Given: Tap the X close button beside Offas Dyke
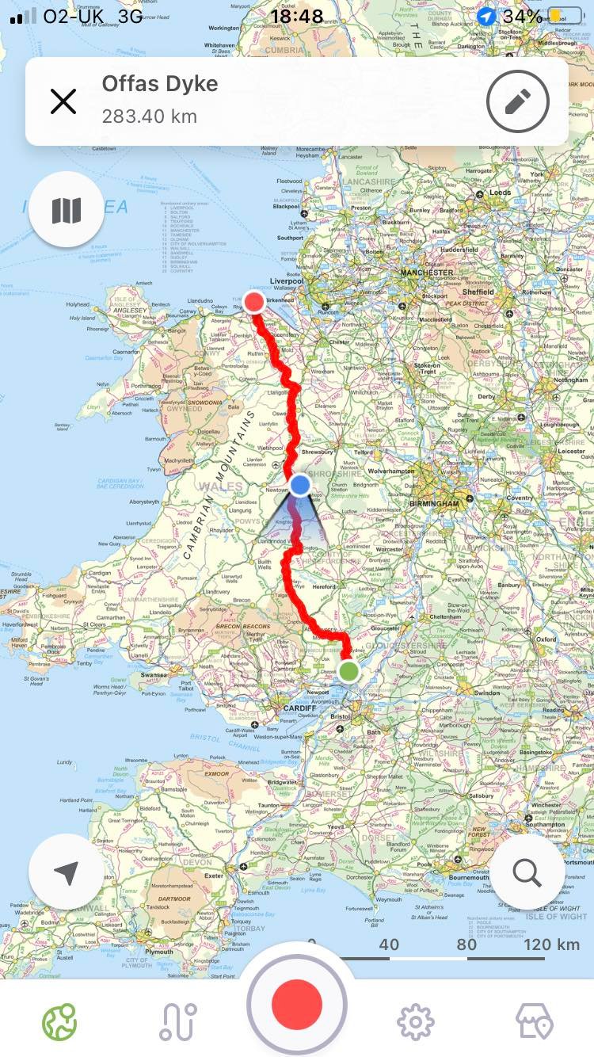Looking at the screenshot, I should pyautogui.click(x=63, y=101).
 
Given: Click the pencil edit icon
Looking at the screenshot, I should pyautogui.click(x=518, y=101).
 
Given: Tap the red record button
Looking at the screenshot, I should pyautogui.click(x=297, y=1004).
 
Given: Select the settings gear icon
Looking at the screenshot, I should pyautogui.click(x=415, y=1021).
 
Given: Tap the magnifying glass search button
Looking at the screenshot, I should pyautogui.click(x=527, y=872).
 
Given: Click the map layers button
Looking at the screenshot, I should pyautogui.click(x=67, y=210).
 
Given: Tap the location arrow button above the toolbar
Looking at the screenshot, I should pyautogui.click(x=67, y=872).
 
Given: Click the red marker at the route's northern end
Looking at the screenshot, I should pyautogui.click(x=254, y=302).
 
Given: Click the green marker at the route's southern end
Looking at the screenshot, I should pyautogui.click(x=348, y=671).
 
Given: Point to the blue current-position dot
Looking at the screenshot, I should pyautogui.click(x=299, y=484).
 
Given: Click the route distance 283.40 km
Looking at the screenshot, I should pyautogui.click(x=149, y=117).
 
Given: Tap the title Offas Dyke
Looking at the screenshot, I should pyautogui.click(x=160, y=84).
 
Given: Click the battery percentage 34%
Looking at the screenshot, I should pyautogui.click(x=522, y=17).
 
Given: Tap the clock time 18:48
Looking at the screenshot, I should pyautogui.click(x=297, y=17).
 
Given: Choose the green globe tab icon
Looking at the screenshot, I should pyautogui.click(x=59, y=1021).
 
